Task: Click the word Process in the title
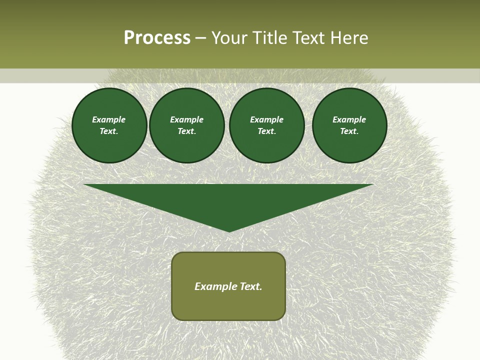157,38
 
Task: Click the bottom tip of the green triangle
229,230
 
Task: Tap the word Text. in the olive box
250,286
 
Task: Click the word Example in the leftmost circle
109,119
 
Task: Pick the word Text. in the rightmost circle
349,131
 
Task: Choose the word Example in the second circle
186,119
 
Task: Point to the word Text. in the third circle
266,131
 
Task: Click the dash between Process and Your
200,38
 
